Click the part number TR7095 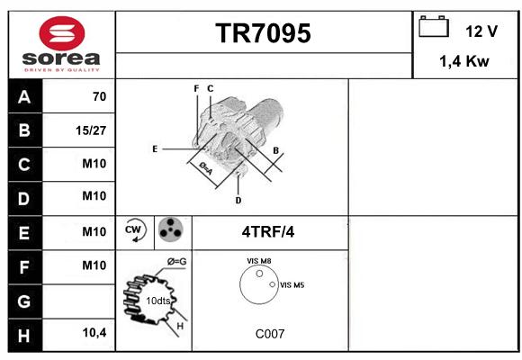pos(263,33)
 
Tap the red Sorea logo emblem pos(62,33)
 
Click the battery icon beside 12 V pos(434,26)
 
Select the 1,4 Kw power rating pos(464,61)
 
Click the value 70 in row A pos(100,96)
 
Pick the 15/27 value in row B pos(91,130)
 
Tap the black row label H pos(25,335)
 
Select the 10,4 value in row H pos(94,332)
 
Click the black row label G pos(25,301)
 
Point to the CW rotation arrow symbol pos(134,229)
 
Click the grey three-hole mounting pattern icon pos(170,229)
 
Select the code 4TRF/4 pos(268,232)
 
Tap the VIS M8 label pos(258,261)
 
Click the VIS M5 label pos(292,285)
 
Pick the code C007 pos(270,334)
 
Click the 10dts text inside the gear pos(158,301)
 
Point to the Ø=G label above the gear pos(176,262)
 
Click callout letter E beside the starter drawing pos(155,148)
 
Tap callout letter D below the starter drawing pos(238,201)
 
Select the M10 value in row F pos(94,265)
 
